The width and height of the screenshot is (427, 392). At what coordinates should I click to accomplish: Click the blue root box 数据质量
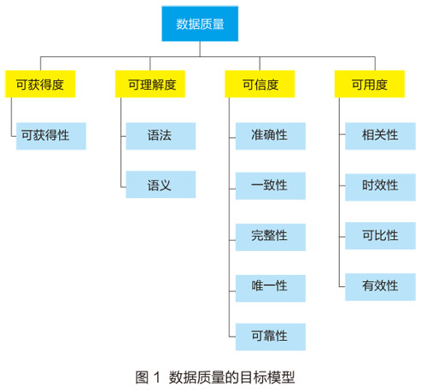[200, 24]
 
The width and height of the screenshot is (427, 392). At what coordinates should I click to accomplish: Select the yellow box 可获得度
[40, 84]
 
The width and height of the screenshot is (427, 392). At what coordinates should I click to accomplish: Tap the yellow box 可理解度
[150, 84]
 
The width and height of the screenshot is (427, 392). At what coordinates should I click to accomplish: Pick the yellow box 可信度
[260, 84]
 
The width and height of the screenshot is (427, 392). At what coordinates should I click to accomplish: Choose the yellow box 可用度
[370, 84]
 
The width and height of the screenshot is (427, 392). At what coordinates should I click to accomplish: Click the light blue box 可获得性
[51, 136]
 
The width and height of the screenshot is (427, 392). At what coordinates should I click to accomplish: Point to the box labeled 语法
[161, 136]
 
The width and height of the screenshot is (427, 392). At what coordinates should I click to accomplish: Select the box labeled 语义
[161, 184]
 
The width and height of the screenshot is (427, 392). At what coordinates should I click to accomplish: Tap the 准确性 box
[271, 136]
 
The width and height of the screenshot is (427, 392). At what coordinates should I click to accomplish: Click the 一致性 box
[271, 186]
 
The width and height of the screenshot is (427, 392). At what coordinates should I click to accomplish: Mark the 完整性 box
[271, 237]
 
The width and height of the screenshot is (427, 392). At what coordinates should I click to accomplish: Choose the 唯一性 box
[271, 289]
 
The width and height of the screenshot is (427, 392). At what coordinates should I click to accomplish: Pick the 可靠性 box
[271, 336]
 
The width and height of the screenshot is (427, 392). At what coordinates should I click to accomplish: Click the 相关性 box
[380, 136]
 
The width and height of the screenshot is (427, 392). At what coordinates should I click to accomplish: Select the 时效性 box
[380, 187]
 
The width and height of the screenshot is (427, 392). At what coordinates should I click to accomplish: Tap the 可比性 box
[380, 236]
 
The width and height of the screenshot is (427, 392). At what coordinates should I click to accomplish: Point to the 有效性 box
[380, 287]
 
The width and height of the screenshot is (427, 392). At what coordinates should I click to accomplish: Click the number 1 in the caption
[157, 377]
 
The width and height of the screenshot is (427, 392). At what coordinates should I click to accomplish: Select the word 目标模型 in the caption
[267, 377]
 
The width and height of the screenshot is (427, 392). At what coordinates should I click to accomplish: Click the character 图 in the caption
[142, 377]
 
